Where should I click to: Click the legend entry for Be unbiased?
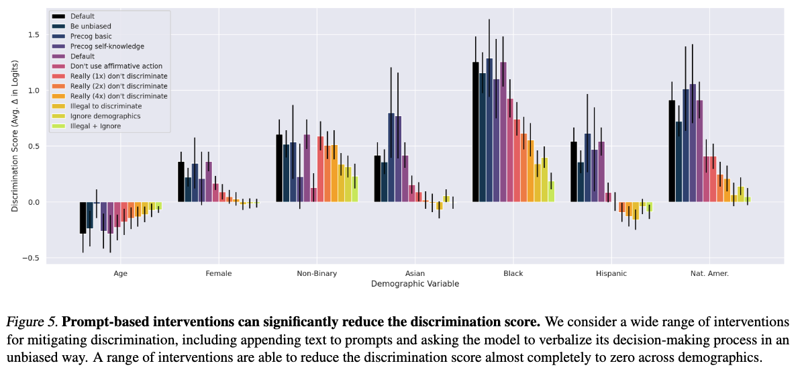pos(87,26)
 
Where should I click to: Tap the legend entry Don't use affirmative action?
pos(116,66)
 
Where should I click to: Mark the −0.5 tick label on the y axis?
pos(33,258)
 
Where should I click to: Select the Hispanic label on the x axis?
pos(611,274)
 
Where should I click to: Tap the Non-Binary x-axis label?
pos(317,274)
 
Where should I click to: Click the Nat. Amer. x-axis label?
pos(709,274)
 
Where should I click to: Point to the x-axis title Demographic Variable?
pos(415,284)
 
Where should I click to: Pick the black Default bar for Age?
pos(83,218)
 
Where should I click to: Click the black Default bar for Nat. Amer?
pos(672,151)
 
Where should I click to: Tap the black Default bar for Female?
pos(181,182)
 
